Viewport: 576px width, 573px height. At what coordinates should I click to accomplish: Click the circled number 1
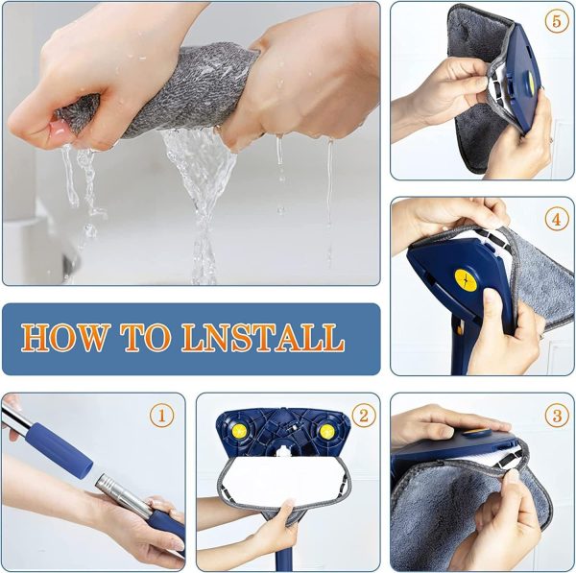coord(163,417)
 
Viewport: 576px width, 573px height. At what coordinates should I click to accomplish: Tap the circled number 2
coord(363,416)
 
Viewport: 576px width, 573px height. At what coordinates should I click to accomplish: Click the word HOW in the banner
coord(66,338)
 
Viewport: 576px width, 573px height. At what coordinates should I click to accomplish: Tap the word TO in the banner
coord(148,338)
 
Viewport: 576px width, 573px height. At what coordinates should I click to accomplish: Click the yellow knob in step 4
coord(466,282)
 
